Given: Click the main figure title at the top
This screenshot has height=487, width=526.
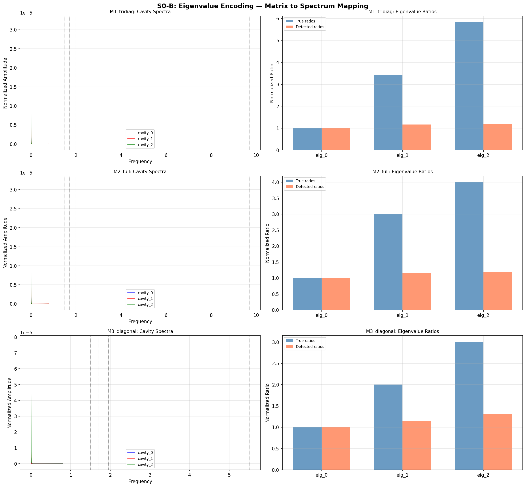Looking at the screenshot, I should coord(263,6).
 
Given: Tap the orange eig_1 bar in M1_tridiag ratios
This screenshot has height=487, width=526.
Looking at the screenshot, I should coord(417,137).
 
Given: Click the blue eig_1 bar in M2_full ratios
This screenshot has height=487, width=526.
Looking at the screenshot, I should coord(388,262).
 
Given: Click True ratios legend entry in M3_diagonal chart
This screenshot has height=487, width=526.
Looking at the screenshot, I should coord(305,341).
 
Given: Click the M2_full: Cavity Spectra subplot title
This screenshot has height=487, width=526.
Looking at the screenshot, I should coord(140,172).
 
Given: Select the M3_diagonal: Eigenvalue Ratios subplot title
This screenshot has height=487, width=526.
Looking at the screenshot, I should coord(402,331).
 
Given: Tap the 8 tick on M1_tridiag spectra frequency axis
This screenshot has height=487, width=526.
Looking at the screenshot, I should coord(211,156).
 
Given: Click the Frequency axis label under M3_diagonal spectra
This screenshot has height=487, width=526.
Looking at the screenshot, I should coord(140,481).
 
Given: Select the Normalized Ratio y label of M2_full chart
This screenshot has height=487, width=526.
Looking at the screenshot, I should coord(267,243).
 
